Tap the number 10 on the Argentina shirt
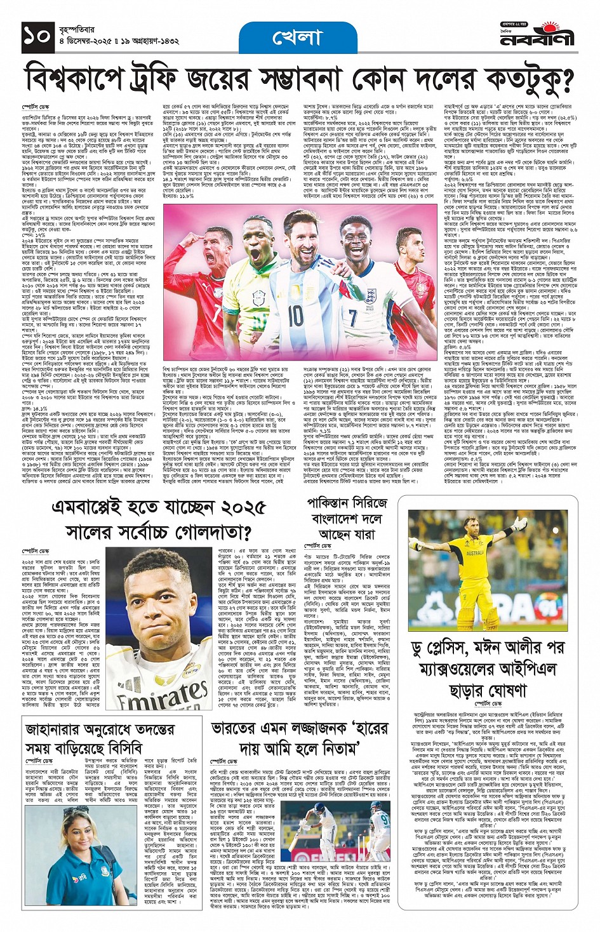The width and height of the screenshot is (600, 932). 295,316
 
